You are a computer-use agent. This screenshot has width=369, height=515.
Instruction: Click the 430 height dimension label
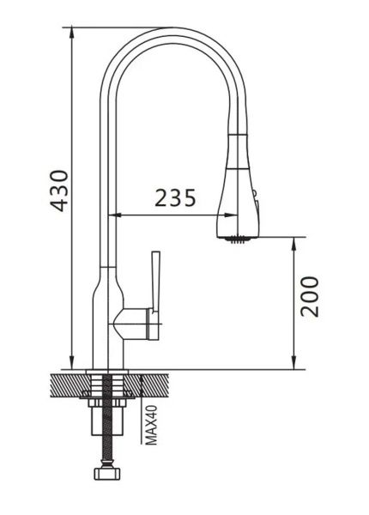[x=59, y=191]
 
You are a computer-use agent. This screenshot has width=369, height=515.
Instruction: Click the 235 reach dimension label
[x=175, y=197]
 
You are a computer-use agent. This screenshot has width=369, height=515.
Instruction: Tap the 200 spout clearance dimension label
[x=310, y=297]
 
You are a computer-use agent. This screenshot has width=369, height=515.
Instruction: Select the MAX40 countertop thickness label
[x=151, y=425]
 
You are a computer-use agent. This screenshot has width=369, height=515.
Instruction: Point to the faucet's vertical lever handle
[x=155, y=282]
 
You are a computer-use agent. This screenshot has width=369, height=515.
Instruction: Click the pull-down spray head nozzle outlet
[x=238, y=239]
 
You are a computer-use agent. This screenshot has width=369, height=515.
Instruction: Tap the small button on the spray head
[x=254, y=193]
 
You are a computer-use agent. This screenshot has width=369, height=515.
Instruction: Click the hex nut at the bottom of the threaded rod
[x=107, y=473]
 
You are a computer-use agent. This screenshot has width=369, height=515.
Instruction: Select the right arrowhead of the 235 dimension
[x=231, y=215]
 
